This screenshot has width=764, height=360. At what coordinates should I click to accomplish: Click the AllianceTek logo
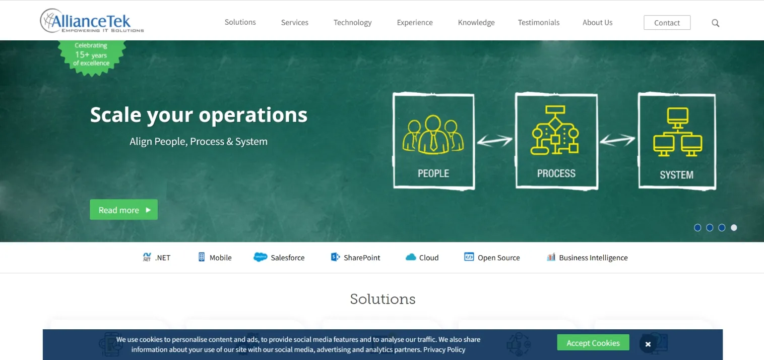pyautogui.click(x=92, y=21)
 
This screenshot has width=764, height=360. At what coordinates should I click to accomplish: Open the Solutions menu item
pyautogui.click(x=240, y=22)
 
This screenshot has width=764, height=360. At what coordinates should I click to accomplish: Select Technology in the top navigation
pyautogui.click(x=352, y=23)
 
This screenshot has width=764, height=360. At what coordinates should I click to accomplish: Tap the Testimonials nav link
pyautogui.click(x=539, y=23)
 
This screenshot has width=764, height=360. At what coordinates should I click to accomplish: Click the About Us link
pyautogui.click(x=597, y=23)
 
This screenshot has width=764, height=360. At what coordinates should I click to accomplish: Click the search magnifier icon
pyautogui.click(x=715, y=23)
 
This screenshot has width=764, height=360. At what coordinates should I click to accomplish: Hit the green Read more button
pyautogui.click(x=123, y=210)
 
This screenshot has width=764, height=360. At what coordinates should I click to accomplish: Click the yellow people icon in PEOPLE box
pyautogui.click(x=433, y=135)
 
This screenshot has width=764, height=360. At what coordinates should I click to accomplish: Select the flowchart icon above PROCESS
pyautogui.click(x=554, y=130)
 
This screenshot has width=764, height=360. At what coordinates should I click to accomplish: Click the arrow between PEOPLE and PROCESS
pyautogui.click(x=494, y=140)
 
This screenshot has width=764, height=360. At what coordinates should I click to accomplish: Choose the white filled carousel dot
pyautogui.click(x=734, y=227)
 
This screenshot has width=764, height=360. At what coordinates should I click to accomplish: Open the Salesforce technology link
pyautogui.click(x=279, y=257)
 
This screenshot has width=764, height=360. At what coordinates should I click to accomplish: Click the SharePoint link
pyautogui.click(x=355, y=257)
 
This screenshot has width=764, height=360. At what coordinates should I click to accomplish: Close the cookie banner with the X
pyautogui.click(x=648, y=344)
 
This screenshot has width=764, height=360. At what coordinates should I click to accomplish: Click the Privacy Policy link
pyautogui.click(x=444, y=349)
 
